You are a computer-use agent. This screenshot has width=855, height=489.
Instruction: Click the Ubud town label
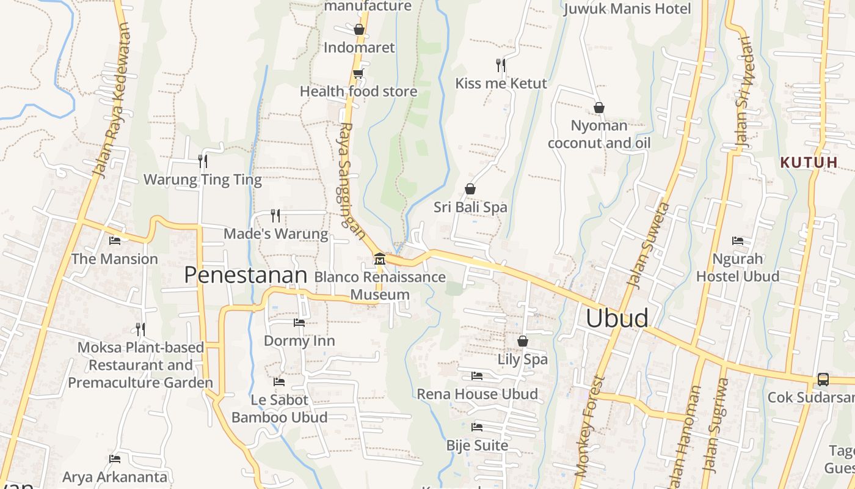[x=617, y=318]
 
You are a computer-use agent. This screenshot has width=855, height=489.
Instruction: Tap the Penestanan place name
[x=245, y=275]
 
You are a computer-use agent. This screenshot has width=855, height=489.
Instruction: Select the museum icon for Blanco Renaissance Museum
[x=379, y=259]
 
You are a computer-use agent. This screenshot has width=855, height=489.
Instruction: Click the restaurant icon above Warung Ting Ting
[x=203, y=161]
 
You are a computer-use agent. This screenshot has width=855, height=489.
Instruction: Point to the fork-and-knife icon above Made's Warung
[x=275, y=215]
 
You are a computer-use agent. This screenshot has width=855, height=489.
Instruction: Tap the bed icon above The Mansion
[x=114, y=240]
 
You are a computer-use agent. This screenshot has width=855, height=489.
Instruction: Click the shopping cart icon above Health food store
[x=358, y=73]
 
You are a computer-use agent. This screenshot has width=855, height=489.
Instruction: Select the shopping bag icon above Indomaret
[x=359, y=29]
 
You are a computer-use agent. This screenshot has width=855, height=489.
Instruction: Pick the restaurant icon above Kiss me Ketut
[x=501, y=65]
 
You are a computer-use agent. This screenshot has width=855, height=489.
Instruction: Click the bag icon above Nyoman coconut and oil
[x=598, y=108]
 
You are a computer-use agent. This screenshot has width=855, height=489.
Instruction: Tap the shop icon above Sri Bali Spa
[x=470, y=189]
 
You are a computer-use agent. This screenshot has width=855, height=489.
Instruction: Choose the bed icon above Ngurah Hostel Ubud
[x=738, y=241]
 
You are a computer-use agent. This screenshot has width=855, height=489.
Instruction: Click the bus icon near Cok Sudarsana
[x=823, y=380]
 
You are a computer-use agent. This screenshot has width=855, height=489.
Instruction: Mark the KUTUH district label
[x=809, y=163]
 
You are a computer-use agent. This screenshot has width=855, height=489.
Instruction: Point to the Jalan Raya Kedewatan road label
[x=112, y=100]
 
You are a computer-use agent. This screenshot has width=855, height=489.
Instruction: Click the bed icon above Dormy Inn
[x=299, y=322]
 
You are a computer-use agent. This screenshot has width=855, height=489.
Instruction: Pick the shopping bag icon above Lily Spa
[x=523, y=341]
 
